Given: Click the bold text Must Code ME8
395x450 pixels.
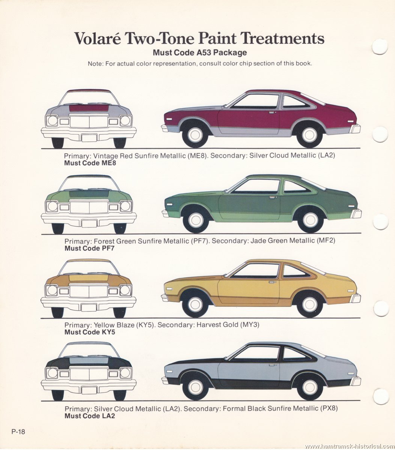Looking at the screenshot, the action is pyautogui.click(x=90, y=163).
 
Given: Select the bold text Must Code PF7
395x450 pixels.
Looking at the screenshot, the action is pyautogui.click(x=89, y=248).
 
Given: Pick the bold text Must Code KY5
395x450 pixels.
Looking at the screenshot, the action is pyautogui.click(x=90, y=332).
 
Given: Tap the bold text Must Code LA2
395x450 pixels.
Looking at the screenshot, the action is pyautogui.click(x=90, y=416).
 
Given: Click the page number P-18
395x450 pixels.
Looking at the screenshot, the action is pyautogui.click(x=18, y=432).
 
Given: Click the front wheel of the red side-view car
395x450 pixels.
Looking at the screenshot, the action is pyautogui.click(x=195, y=134).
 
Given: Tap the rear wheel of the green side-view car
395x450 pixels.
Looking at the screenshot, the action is pyautogui.click(x=310, y=219).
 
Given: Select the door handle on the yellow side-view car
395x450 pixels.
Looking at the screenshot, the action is pyautogui.click(x=271, y=282).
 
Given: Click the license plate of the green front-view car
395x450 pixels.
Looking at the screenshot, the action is pyautogui.click(x=89, y=223).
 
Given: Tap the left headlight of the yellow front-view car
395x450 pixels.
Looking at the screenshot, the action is pyautogui.click(x=51, y=290).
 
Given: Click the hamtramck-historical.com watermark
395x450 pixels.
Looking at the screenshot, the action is pyautogui.click(x=350, y=446).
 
